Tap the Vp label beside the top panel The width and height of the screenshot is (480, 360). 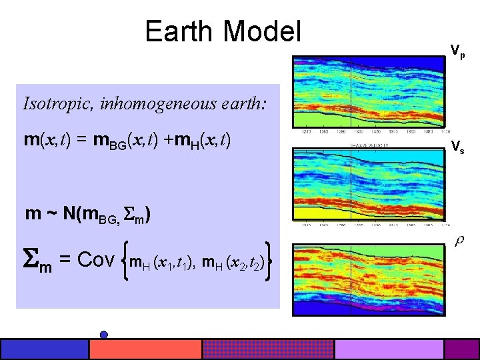(x=457, y=50)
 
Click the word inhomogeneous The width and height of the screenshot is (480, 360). (x=145, y=104)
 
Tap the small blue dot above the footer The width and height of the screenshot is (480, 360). (x=104, y=334)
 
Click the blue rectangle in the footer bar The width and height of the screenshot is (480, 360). (x=45, y=349)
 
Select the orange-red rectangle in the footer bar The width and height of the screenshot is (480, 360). (x=145, y=349)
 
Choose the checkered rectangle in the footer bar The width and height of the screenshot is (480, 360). (x=267, y=349)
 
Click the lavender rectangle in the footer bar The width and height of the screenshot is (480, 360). (x=389, y=349)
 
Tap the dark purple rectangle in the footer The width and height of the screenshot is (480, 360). (x=461, y=349)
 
